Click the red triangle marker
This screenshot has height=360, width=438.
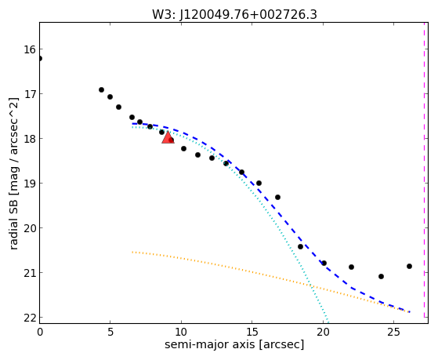point(168,137)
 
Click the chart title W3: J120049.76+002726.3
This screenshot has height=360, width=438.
point(234,14)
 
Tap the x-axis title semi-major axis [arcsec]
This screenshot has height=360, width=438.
point(234,344)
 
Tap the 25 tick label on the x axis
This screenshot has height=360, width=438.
point(394,332)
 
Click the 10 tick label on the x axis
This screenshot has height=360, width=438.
point(181,332)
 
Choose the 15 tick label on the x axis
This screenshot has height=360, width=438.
point(252,332)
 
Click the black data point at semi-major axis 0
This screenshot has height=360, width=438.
point(40,59)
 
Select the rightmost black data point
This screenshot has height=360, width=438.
point(409,267)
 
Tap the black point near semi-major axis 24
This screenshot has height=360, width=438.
point(381,276)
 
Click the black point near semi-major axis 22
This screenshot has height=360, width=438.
point(351,267)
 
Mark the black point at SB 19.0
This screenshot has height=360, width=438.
point(259,184)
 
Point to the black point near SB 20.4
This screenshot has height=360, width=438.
point(300,246)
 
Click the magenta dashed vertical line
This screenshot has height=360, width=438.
point(425,170)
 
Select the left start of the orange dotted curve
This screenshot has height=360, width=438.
point(132,252)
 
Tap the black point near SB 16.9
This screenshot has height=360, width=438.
point(101,89)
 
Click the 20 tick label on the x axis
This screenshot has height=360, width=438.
point(323,332)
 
